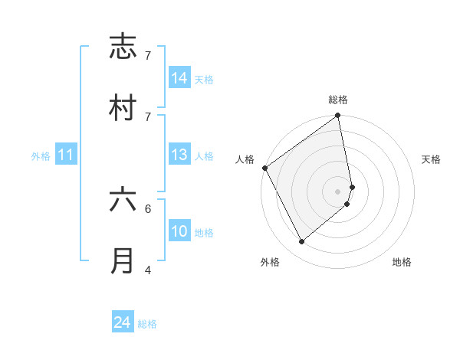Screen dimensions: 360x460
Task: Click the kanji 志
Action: [123, 47]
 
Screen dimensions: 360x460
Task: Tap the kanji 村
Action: [123, 108]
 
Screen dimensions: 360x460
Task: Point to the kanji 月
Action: [123, 260]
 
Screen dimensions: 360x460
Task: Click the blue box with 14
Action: [179, 78]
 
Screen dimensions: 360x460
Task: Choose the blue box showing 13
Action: [179, 155]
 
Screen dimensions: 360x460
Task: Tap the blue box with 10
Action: [179, 231]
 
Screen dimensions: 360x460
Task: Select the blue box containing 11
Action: [66, 155]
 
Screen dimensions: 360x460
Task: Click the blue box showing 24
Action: [123, 322]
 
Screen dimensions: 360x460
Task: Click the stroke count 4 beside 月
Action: [148, 270]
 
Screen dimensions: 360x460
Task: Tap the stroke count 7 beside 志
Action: [148, 56]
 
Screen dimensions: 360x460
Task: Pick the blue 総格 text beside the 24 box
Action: [147, 324]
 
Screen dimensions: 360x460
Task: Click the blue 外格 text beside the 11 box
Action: [41, 156]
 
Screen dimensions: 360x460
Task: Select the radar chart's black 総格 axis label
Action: [338, 100]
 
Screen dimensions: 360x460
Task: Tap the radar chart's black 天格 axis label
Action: [432, 159]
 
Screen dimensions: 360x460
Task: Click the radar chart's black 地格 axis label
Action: [402, 262]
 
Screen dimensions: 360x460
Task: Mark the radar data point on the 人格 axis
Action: [264, 168]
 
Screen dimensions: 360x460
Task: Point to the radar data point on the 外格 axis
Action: [301, 241]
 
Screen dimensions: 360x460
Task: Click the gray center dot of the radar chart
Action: [338, 190]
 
